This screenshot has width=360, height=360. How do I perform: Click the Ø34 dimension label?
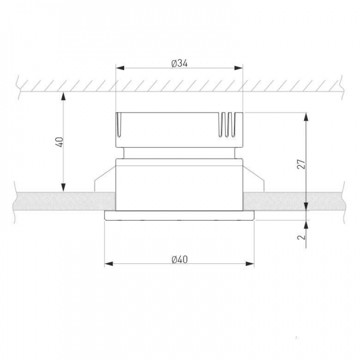pos(179,64)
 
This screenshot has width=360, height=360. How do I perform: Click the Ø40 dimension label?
pos(179,260)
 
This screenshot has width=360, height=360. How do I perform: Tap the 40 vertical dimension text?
pos(59,142)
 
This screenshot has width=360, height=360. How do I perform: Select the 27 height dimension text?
pos(302,164)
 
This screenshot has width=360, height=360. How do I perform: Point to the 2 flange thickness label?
pos(302,236)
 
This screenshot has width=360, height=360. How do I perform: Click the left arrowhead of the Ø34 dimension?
pos(121,68)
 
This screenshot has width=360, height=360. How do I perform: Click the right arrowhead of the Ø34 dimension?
pos(238,68)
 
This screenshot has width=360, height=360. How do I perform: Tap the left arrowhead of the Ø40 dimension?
pos(109,263)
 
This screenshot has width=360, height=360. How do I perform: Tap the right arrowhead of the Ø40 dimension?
pos(250,263)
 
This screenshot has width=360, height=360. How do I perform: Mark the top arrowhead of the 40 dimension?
pos(64,96)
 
